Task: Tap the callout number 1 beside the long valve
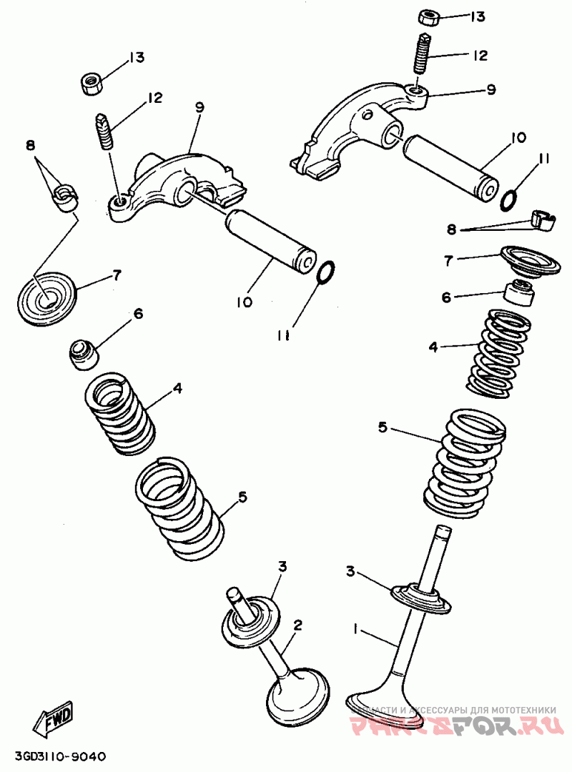click(355, 629)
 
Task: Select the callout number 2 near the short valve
click(297, 625)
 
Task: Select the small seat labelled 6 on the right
click(518, 294)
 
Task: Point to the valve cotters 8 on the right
click(544, 220)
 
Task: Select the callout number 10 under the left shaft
click(244, 302)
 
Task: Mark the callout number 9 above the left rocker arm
click(199, 107)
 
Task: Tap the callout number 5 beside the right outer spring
click(383, 427)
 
